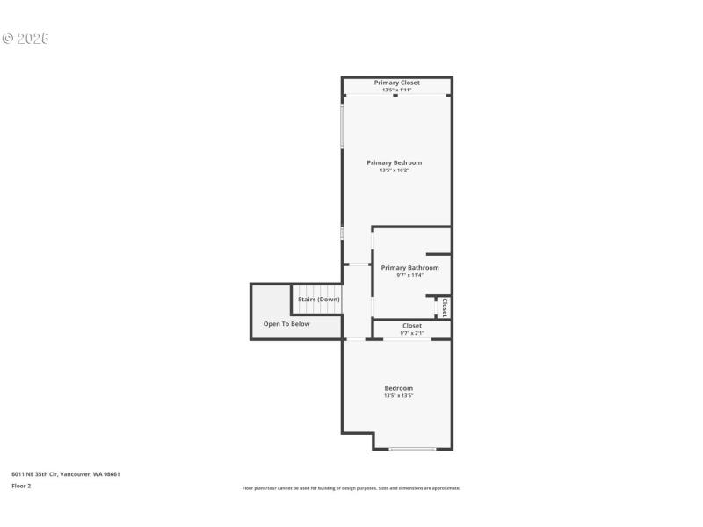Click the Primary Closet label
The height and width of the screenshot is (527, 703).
click(x=396, y=83)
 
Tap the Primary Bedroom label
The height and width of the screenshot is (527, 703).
click(x=394, y=162)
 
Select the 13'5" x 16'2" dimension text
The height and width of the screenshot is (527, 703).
click(x=394, y=170)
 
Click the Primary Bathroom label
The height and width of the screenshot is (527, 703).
click(x=409, y=267)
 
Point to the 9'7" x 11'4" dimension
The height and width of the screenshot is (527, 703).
click(x=409, y=275)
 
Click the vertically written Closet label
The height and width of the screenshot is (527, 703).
click(x=445, y=307)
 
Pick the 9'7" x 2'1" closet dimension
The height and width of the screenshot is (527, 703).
click(x=411, y=333)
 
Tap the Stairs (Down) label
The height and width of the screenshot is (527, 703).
click(x=318, y=300)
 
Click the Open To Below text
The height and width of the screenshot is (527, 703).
click(x=286, y=324)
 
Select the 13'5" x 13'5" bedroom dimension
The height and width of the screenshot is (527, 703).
click(x=398, y=396)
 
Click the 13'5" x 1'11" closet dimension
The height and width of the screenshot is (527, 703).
click(x=396, y=90)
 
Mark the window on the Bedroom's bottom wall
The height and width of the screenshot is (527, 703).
click(x=412, y=449)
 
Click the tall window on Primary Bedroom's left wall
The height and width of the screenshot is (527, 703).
click(x=342, y=127)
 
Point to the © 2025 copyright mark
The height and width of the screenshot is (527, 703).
click(x=25, y=39)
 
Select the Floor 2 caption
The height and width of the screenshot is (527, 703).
click(x=21, y=486)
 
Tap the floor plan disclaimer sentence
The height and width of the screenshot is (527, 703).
click(x=351, y=488)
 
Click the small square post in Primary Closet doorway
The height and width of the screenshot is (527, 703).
click(x=395, y=96)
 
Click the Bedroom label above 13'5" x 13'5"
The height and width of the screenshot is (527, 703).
click(x=398, y=388)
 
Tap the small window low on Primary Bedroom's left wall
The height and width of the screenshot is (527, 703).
click(x=342, y=233)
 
